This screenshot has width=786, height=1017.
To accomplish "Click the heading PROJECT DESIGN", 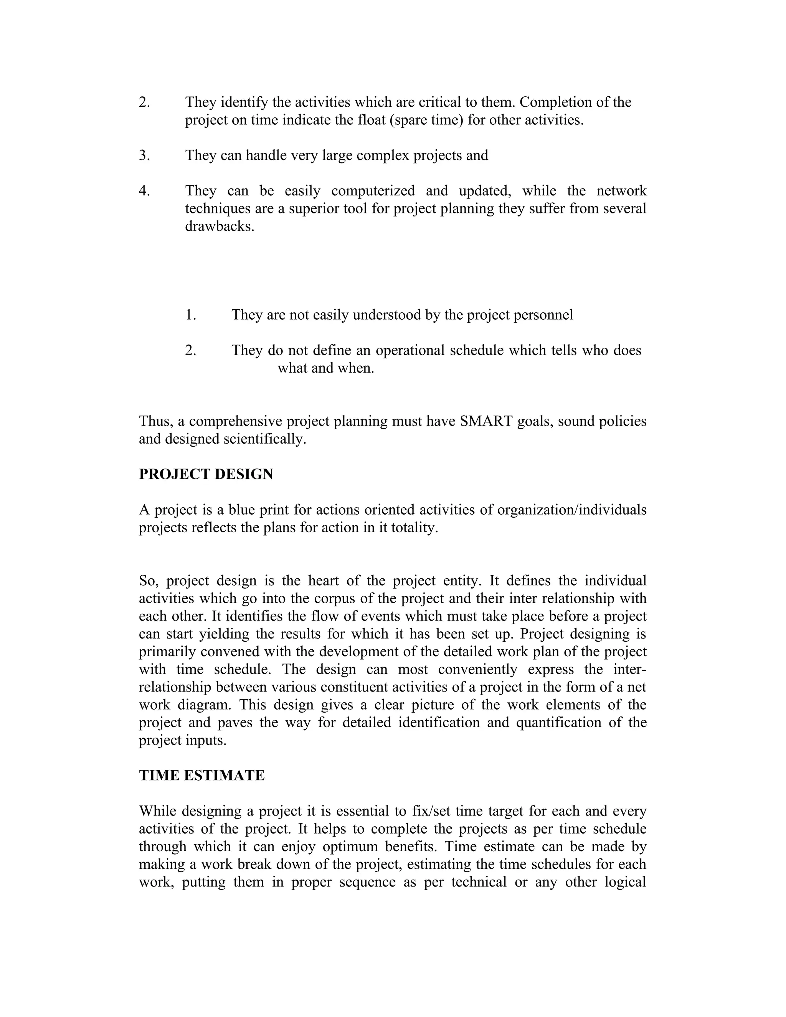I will tap(206, 474).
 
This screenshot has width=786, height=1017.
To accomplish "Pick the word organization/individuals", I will tap(572, 510).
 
